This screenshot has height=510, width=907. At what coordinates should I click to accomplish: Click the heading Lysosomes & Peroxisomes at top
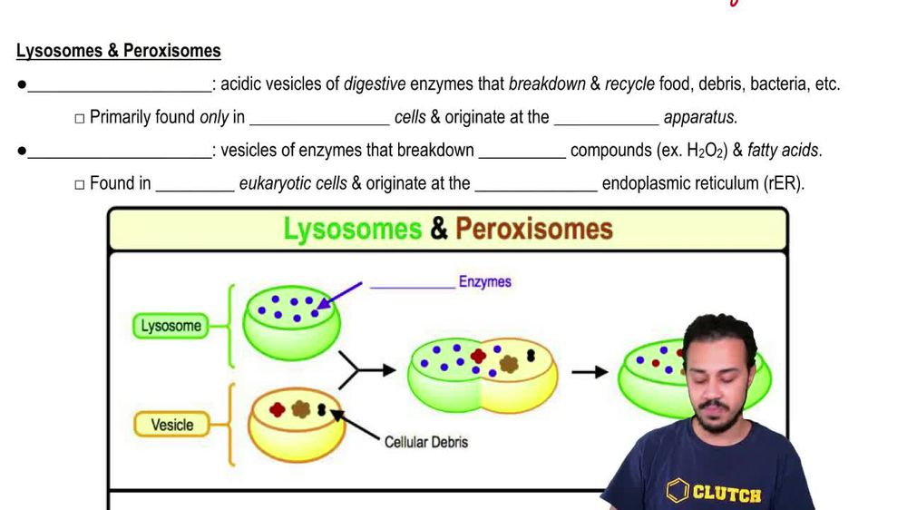point(118,51)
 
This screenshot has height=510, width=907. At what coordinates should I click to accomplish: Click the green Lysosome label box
point(171,326)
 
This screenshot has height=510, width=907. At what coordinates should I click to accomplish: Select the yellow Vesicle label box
point(171,424)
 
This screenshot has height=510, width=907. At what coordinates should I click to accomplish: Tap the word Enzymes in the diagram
point(484,281)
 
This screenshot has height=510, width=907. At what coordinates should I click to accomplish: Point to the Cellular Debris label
point(425,442)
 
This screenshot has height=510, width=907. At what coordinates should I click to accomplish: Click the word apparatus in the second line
point(700,117)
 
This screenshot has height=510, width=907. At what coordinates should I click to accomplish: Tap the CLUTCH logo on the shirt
point(717,493)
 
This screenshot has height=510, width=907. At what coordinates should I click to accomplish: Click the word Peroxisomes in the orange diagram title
point(533,229)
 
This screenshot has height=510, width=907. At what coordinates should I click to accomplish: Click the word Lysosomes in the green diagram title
point(353,229)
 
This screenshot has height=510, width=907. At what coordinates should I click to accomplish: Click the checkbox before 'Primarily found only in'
point(80,118)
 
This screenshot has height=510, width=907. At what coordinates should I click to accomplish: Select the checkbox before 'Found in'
point(80,184)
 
